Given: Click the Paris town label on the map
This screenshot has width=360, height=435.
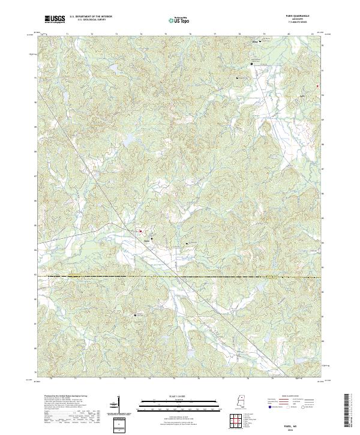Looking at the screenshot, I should [x=146, y=241].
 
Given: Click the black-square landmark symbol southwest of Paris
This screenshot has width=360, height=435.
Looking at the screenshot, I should [x=135, y=313].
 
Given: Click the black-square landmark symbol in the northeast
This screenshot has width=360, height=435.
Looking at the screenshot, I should [x=252, y=64].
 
